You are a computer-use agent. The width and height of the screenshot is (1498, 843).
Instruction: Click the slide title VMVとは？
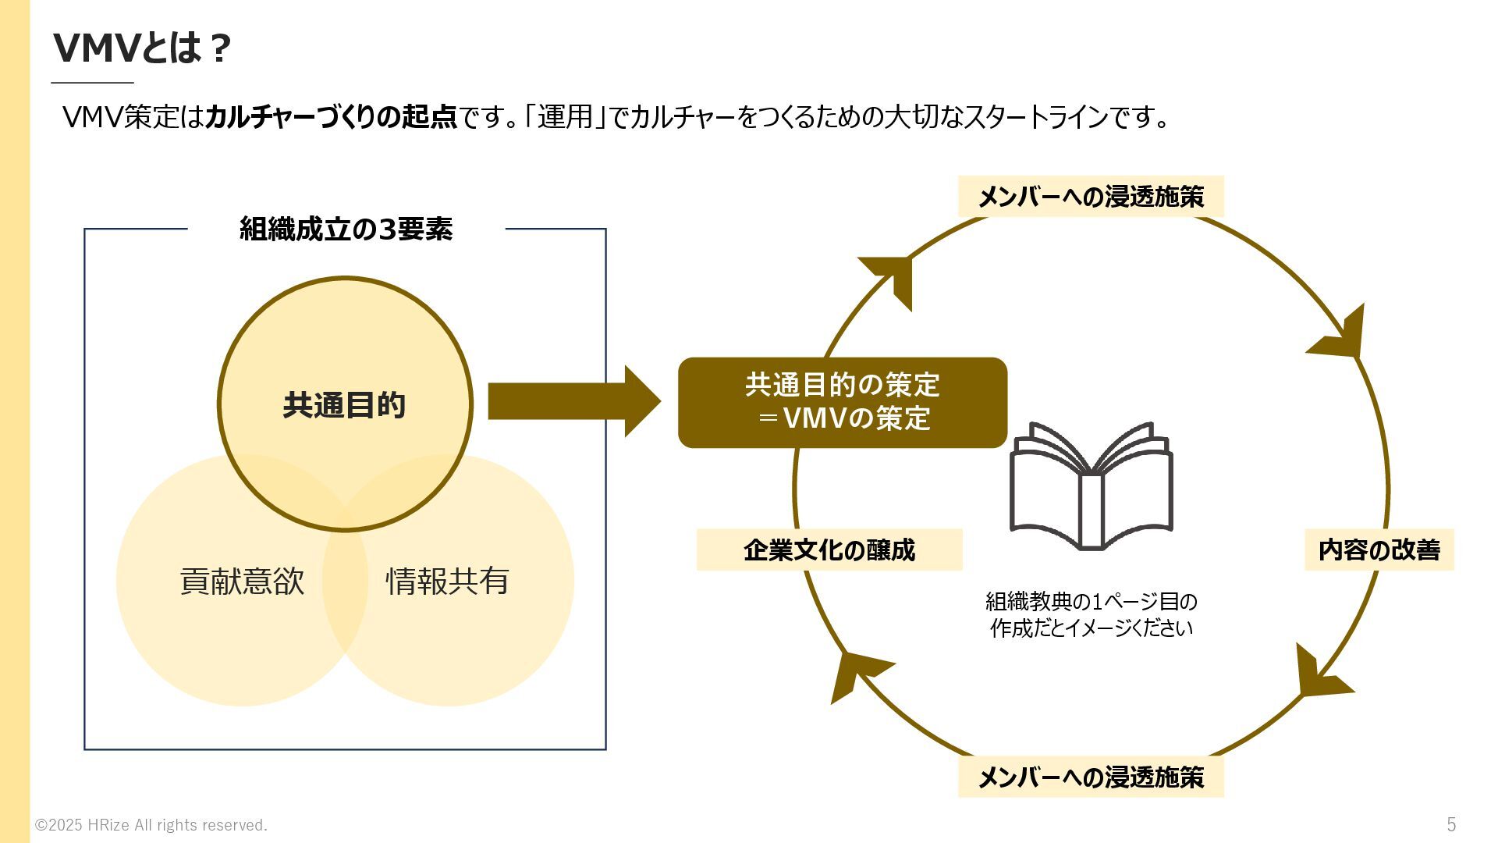click(142, 48)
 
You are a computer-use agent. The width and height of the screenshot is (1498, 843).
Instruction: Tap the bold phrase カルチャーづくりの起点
click(330, 117)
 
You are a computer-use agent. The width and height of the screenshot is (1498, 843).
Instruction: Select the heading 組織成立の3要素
click(346, 229)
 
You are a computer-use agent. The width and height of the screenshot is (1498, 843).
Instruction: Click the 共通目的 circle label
click(344, 405)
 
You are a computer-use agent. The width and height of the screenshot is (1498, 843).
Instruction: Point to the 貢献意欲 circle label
click(242, 582)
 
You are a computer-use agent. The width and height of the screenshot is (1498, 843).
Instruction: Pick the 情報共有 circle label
click(448, 582)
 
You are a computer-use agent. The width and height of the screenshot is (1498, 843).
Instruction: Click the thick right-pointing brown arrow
click(573, 401)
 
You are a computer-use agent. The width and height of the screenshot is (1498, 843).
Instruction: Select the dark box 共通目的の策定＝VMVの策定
click(842, 402)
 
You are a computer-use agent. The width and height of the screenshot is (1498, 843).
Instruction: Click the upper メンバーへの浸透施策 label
click(1090, 197)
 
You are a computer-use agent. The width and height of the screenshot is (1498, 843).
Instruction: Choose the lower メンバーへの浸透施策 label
click(1090, 777)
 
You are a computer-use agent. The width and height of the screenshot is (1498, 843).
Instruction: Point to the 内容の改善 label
click(1379, 550)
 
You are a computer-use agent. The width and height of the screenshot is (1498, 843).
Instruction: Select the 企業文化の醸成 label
click(829, 550)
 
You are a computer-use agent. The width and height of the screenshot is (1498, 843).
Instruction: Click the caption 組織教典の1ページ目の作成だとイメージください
click(1091, 614)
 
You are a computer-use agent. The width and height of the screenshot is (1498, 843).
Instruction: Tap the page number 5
click(1451, 824)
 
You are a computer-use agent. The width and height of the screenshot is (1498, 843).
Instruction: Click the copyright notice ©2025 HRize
click(151, 825)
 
